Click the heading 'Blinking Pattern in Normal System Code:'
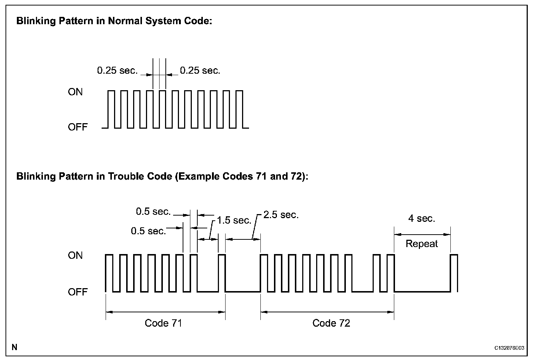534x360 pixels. point(114,21)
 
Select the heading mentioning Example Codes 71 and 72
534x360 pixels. point(162,176)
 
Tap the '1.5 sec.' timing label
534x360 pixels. point(234,220)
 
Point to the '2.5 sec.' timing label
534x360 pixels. point(281,215)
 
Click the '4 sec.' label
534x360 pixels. point(422,218)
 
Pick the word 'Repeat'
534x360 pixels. point(422,244)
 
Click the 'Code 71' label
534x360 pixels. point(163,323)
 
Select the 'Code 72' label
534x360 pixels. point(331,323)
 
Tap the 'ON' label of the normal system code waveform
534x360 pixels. point(75,92)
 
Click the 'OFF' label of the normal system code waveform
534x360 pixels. point(78,127)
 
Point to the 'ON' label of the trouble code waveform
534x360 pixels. point(75,256)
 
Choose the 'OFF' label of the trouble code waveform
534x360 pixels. point(78,292)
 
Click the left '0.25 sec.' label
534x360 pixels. point(117,70)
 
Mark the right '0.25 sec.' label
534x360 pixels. point(200,70)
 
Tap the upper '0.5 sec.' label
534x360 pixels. point(153,212)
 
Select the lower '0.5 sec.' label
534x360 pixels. point(148,231)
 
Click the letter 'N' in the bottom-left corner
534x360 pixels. point(15,347)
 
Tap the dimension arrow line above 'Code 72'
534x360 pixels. point(327,312)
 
